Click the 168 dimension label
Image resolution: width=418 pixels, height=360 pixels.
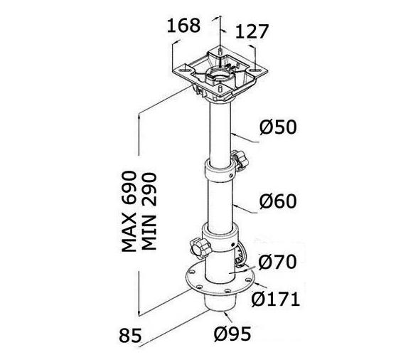click(x=183, y=26)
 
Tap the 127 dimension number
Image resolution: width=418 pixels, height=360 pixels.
click(x=252, y=32)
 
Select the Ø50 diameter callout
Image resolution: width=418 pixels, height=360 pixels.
click(x=278, y=127)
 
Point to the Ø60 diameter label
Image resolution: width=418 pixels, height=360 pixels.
click(x=278, y=201)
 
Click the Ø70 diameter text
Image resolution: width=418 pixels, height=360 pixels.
click(x=277, y=262)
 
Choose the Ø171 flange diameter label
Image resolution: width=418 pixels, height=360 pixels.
click(x=276, y=299)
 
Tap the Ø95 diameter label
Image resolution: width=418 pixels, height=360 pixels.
click(x=232, y=334)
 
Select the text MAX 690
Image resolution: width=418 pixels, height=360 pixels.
click(x=129, y=211)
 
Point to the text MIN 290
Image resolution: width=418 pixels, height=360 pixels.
click(x=149, y=211)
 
